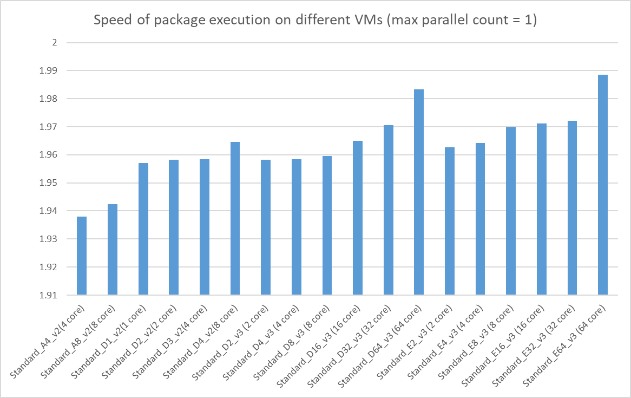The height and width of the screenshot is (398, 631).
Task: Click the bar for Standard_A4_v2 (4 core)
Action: (x=82, y=256)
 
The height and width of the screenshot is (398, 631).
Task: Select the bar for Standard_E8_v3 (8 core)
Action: (x=511, y=211)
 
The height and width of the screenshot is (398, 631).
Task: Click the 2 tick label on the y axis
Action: (x=54, y=43)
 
